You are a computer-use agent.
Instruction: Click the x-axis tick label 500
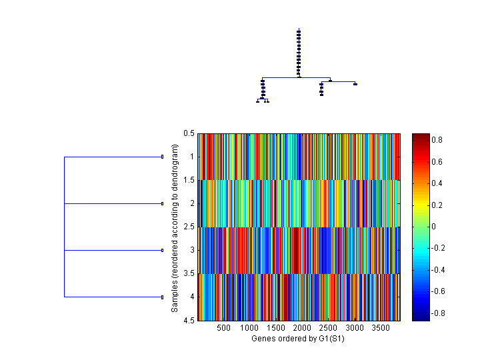coord(223,328)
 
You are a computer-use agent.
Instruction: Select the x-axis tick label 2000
coord(302,328)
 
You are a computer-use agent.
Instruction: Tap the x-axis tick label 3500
coord(380,328)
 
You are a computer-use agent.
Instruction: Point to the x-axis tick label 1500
coord(275,328)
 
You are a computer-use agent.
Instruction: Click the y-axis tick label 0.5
coord(189,133)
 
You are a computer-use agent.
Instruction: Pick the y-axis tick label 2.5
coord(189,227)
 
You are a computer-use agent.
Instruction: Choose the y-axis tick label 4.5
coord(189,320)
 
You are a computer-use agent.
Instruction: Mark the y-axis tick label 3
coord(191,250)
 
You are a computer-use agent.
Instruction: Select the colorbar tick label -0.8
coord(440,313)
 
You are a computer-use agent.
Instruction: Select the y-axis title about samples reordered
coord(175,227)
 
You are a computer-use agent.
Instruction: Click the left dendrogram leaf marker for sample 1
coord(163,157)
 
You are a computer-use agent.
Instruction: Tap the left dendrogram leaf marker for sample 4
coord(163,297)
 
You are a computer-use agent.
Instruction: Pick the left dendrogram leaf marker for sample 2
coord(163,203)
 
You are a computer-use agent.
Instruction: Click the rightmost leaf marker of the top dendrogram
coord(355,84)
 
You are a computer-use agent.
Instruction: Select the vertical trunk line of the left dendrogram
coord(64,227)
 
